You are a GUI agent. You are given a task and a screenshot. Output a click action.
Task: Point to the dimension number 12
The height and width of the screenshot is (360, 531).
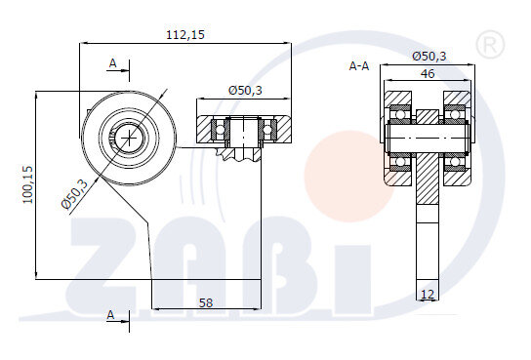click(x=428, y=293)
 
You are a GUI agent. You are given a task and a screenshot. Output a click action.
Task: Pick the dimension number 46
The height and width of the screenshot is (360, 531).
click(x=428, y=73)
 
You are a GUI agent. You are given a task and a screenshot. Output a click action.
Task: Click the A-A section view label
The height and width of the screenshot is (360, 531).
click(x=359, y=67)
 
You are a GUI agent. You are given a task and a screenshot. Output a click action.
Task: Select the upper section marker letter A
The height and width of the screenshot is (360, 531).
click(x=113, y=63)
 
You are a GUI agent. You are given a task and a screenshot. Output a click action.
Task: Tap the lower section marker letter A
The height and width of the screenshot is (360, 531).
click(x=112, y=314)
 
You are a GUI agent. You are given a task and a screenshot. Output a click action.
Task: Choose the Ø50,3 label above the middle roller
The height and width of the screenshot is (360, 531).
click(x=245, y=90)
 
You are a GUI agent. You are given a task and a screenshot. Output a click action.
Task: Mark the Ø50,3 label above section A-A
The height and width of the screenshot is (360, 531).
click(x=429, y=57)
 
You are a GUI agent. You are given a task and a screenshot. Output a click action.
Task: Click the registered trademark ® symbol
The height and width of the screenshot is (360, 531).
click(x=485, y=43)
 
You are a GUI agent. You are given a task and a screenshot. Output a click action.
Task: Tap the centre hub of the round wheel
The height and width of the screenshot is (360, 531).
click(x=128, y=138)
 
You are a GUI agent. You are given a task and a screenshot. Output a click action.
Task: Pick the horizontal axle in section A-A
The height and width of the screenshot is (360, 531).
click(x=428, y=137)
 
